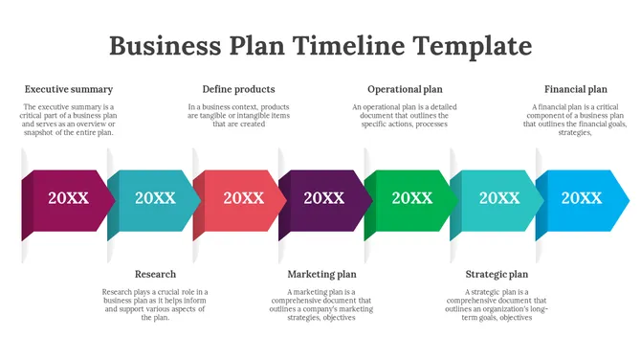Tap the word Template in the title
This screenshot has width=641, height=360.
pyautogui.click(x=472, y=45)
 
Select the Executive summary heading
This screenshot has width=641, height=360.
pyautogui.click(x=69, y=89)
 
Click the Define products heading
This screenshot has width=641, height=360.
pyautogui.click(x=238, y=89)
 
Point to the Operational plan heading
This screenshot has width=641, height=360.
pyautogui.click(x=405, y=89)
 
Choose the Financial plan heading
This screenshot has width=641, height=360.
pyautogui.click(x=575, y=89)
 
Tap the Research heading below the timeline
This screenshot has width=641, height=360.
pyautogui.click(x=155, y=274)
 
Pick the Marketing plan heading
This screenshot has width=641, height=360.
pyautogui.click(x=321, y=274)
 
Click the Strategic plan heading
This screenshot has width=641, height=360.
pyautogui.click(x=497, y=274)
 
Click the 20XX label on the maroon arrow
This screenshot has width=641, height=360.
pyautogui.click(x=69, y=198)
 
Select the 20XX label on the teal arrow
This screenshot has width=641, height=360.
pyautogui.click(x=155, y=198)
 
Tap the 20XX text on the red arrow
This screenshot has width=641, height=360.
pyautogui.click(x=243, y=198)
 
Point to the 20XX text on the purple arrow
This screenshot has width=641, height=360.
pyautogui.click(x=324, y=198)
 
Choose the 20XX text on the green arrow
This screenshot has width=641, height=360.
pyautogui.click(x=412, y=198)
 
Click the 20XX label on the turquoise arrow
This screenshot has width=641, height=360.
pyautogui.click(x=499, y=198)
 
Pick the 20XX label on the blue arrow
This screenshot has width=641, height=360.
pyautogui.click(x=581, y=198)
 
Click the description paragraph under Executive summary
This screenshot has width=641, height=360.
pyautogui.click(x=69, y=120)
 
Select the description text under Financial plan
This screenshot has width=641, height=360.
pyautogui.click(x=575, y=120)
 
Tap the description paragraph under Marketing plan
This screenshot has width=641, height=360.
pyautogui.click(x=321, y=304)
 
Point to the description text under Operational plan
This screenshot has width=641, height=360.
pyautogui.click(x=405, y=115)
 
